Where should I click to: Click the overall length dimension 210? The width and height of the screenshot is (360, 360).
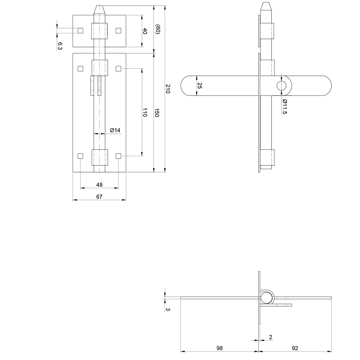168,89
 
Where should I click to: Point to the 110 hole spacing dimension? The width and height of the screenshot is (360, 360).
145,112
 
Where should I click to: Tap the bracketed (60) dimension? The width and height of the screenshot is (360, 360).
157,30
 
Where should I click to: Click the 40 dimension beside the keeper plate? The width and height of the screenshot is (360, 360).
145,31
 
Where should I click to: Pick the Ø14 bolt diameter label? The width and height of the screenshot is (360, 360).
115,130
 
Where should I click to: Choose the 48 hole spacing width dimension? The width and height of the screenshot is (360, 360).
99,184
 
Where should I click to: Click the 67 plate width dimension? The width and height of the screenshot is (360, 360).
99,197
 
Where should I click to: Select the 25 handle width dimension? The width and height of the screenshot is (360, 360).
200,85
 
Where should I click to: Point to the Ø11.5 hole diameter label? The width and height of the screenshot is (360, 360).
285,107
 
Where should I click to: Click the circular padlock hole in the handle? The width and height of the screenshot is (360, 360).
282,85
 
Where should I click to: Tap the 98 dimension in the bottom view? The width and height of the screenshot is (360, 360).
220,348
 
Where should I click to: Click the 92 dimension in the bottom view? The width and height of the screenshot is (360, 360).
295,348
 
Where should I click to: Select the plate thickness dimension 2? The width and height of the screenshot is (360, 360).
270,337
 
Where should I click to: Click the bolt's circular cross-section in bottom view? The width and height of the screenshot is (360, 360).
267,298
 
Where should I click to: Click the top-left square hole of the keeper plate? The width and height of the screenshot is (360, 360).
81,30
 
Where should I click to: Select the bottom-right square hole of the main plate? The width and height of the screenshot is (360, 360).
119,156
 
